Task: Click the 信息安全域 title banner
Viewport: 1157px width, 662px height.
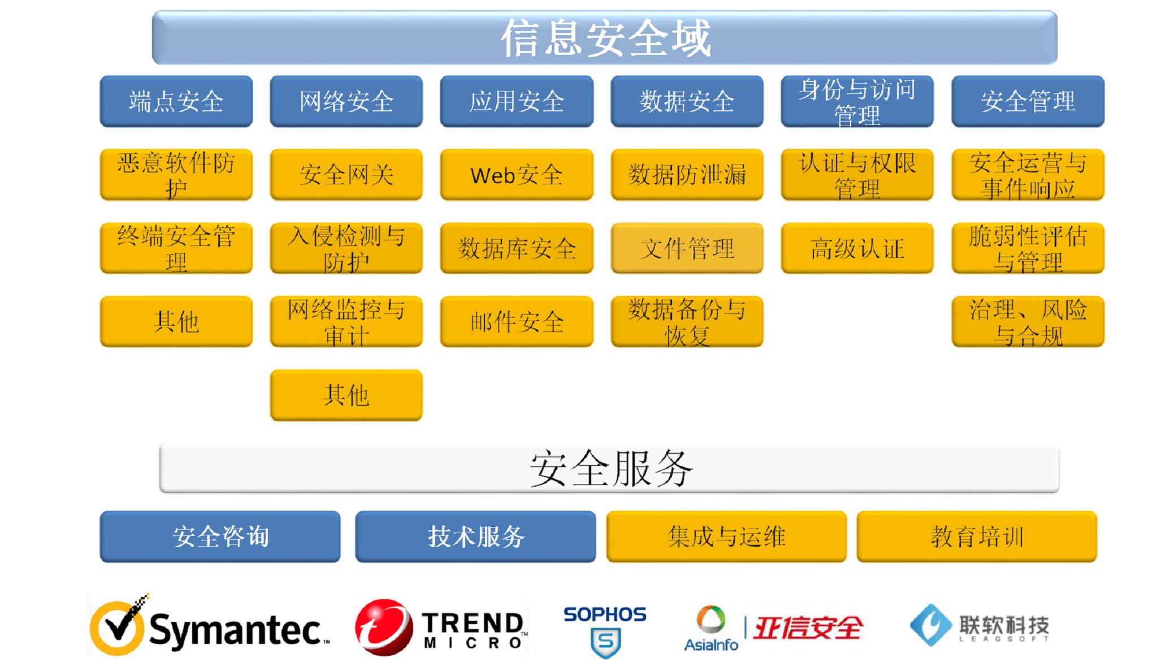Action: [x=605, y=37]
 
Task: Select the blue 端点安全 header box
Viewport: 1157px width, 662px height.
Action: [x=176, y=101]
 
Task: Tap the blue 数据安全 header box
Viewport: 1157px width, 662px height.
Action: [x=687, y=101]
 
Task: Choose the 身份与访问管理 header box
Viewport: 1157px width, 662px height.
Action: [x=857, y=101]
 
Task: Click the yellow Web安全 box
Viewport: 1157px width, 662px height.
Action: [x=517, y=175]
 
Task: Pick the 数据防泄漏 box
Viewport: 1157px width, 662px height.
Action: [x=687, y=175]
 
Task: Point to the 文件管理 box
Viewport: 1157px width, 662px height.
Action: [x=687, y=248]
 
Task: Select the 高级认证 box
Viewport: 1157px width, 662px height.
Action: [x=857, y=248]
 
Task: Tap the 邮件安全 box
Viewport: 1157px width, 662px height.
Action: [x=517, y=322]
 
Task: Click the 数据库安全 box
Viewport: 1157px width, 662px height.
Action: [x=517, y=248]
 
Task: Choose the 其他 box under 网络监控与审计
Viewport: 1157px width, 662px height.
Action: [x=346, y=395]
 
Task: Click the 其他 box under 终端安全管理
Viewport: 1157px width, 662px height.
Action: [x=176, y=322]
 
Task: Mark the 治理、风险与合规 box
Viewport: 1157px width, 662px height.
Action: [x=1028, y=322]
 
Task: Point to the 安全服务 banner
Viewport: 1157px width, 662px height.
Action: [x=609, y=469]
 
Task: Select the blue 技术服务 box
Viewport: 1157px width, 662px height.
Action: [x=475, y=536]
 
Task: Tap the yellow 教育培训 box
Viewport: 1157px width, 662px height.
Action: [x=977, y=536]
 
